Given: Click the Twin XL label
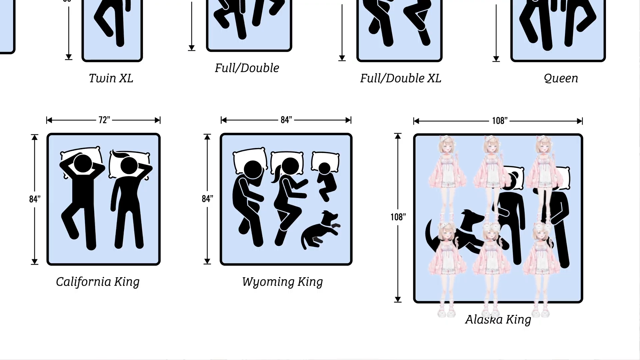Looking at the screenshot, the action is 111,78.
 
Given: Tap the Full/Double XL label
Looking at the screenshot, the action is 401,79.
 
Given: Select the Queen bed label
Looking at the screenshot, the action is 561,79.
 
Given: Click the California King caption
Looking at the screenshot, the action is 98,282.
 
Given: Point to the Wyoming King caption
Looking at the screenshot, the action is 282,282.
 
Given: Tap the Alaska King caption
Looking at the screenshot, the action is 498,320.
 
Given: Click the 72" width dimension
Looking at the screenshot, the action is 104,120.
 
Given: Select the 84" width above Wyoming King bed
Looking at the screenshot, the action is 286,120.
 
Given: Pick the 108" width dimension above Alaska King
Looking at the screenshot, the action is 500,121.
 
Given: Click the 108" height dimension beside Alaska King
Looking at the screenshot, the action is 398,217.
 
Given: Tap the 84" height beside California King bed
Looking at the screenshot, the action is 35,199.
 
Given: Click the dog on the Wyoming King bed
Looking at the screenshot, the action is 320,230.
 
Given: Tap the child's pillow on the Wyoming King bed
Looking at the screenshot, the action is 325,161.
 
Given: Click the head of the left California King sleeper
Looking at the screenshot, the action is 83,163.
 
